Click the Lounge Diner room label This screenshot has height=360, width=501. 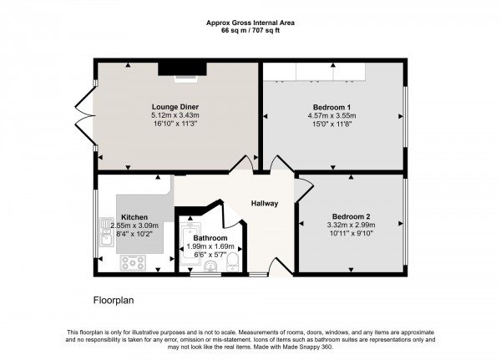coord(175,107)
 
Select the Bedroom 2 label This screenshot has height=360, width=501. coord(352,216)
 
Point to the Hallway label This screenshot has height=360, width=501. coord(265,203)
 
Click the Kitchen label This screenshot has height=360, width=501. coord(134,217)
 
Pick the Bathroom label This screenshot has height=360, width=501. coord(210,238)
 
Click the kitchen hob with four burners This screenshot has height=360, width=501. coord(133,263)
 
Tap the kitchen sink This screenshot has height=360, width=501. coord(105,231)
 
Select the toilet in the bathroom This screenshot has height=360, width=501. coord(232,262)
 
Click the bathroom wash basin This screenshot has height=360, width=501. coord(210,266)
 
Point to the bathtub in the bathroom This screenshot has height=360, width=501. coord(190,244)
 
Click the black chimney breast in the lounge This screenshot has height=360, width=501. coord(182,68)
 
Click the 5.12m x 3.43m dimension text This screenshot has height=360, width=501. coord(175,115)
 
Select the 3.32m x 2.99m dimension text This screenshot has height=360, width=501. coord(352,225)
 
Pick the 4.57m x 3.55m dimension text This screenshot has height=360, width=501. coord(331,116)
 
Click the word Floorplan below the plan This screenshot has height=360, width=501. coord(114,300)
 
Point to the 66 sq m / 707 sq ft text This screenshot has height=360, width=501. coord(250,31)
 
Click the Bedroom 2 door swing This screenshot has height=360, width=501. coord(304,190)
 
